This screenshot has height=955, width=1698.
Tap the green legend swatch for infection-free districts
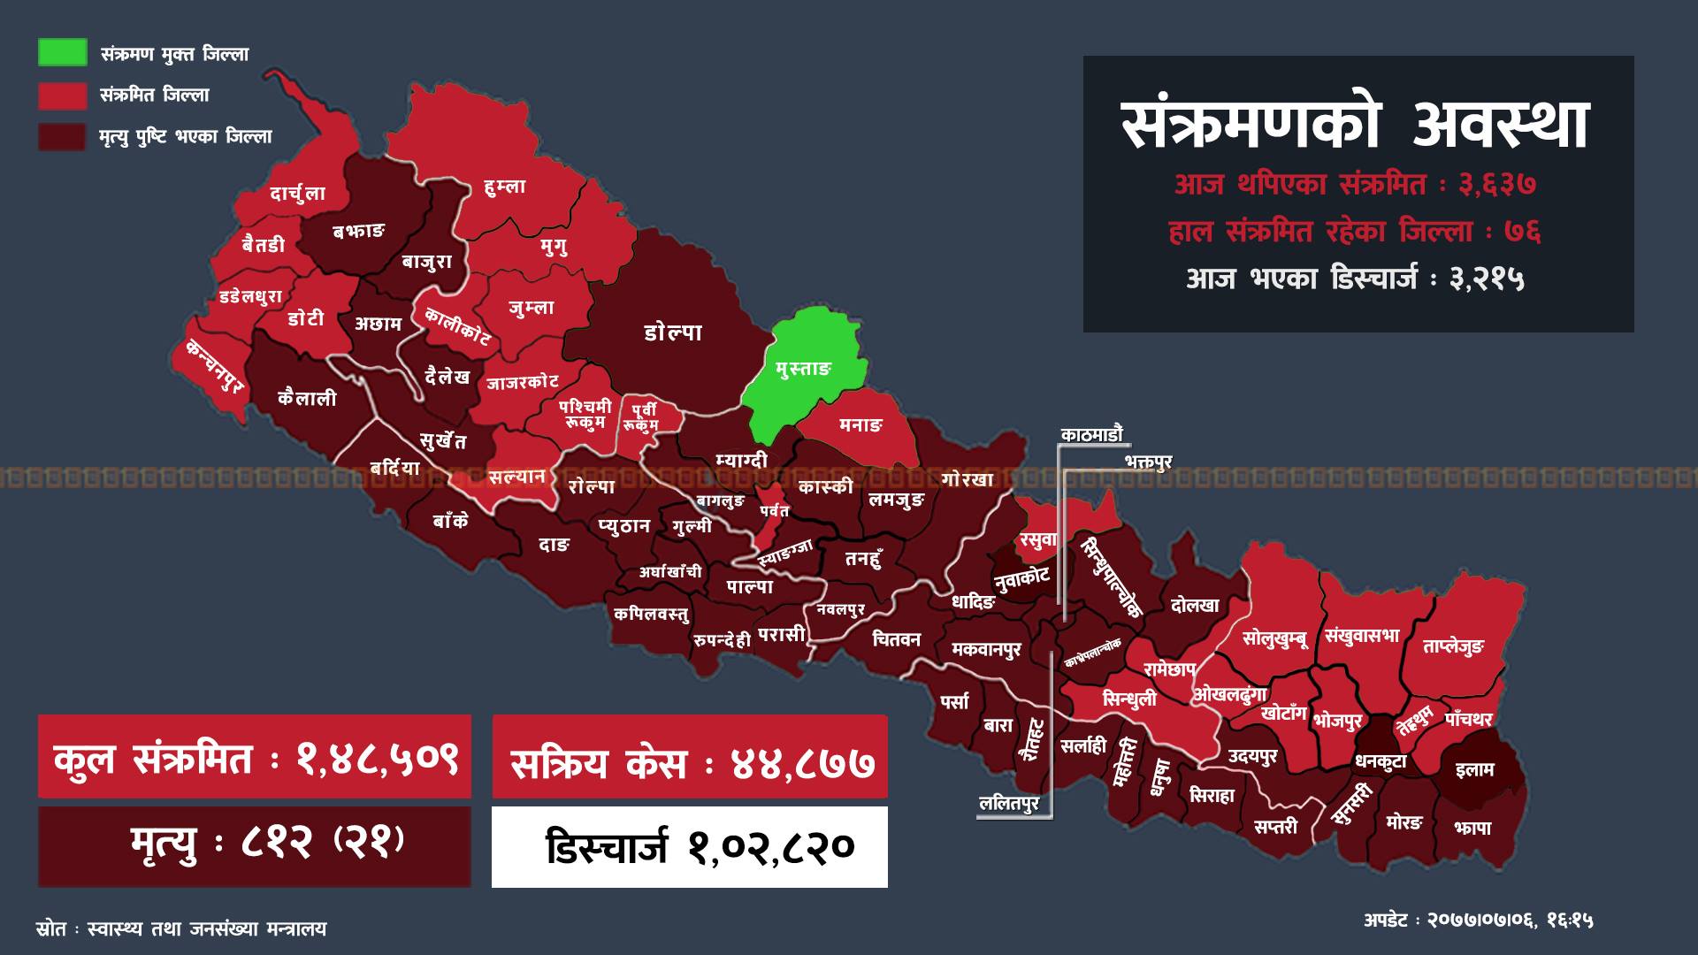[62, 52]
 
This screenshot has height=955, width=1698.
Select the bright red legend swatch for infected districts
[62, 95]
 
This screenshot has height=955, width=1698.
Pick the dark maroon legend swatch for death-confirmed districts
[62, 136]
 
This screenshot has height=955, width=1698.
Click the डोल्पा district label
[673, 332]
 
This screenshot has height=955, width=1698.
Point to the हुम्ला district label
[505, 187]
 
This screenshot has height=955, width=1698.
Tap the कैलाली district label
[307, 399]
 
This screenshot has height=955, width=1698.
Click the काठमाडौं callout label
[1091, 434]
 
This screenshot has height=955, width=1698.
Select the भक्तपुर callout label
[1148, 462]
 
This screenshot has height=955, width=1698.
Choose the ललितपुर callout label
[1009, 803]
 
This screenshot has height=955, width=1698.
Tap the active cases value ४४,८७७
[804, 761]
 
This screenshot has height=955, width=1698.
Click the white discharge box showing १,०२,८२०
[690, 846]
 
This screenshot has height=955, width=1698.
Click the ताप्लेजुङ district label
[1453, 646]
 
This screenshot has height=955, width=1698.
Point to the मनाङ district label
[860, 425]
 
